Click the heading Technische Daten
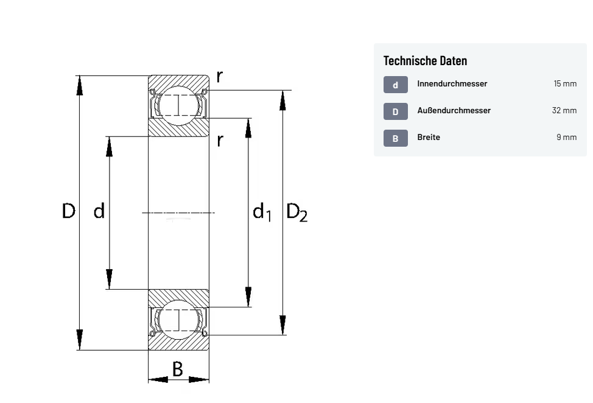click(425, 60)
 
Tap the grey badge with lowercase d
click(395, 85)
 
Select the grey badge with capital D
click(395, 111)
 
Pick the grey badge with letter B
click(395, 138)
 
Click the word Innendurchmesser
click(452, 83)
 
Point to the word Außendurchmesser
click(454, 110)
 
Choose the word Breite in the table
click(429, 137)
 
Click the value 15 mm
click(564, 83)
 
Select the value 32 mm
click(564, 110)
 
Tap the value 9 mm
click(566, 137)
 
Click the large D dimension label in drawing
click(69, 211)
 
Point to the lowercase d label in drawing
click(99, 211)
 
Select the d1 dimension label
click(262, 212)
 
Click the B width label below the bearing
click(178, 368)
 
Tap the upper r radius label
click(220, 76)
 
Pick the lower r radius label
click(220, 141)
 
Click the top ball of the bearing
click(178, 105)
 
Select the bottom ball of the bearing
click(178, 320)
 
